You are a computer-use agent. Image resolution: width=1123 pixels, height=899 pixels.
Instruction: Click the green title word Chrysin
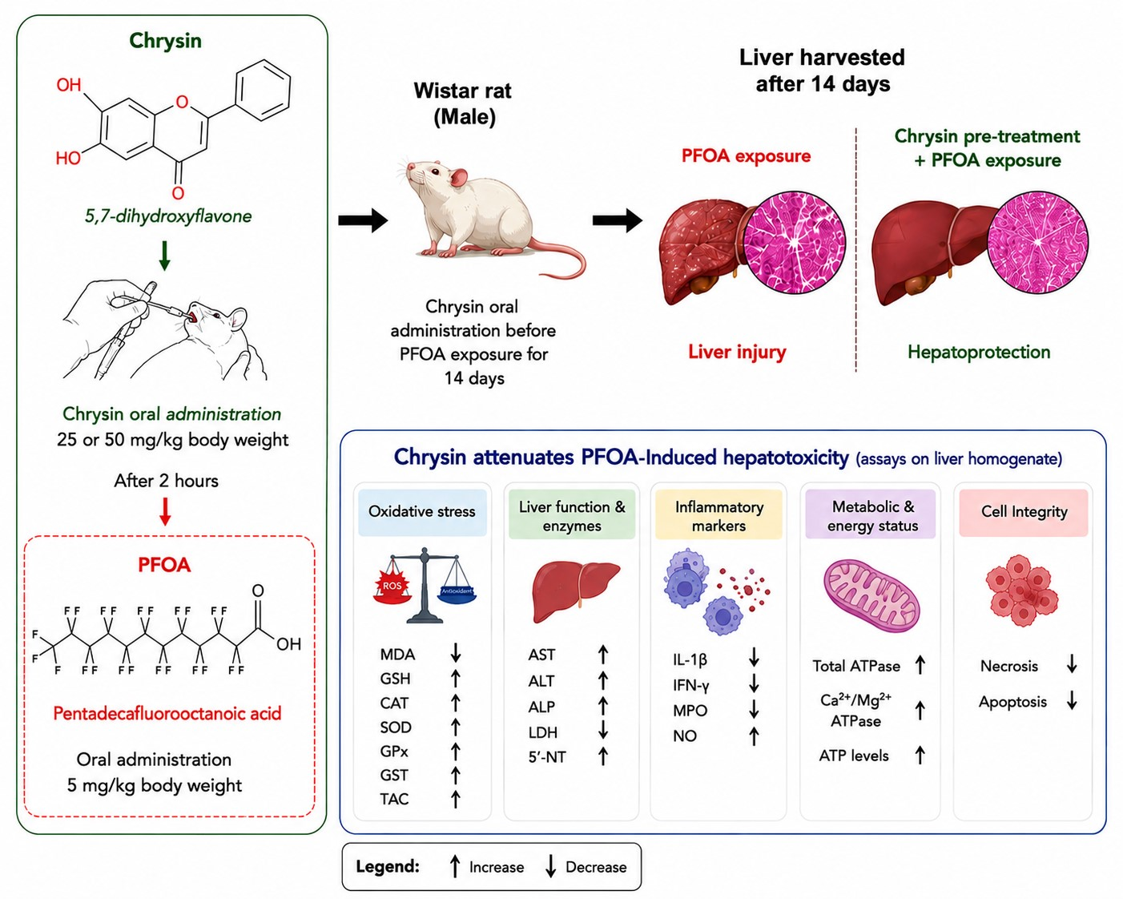[x=166, y=41]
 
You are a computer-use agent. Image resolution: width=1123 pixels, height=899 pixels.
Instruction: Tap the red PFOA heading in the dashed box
[x=164, y=565]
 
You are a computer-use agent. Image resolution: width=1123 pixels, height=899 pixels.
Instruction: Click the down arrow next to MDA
[x=456, y=652]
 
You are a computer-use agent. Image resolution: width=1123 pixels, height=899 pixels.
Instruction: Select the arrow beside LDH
[x=603, y=730]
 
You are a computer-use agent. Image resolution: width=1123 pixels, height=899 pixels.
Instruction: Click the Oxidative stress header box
[x=422, y=512]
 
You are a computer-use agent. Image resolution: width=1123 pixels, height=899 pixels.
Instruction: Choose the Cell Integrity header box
[x=1024, y=512]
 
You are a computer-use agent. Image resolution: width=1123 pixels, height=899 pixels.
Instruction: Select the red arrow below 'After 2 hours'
[x=165, y=511]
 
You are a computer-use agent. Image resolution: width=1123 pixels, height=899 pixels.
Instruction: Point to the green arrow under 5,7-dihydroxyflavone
[x=165, y=256]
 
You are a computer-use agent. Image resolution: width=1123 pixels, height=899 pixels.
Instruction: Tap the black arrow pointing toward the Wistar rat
[x=363, y=220]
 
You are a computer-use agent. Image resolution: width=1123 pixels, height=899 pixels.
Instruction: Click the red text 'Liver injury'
[x=737, y=353]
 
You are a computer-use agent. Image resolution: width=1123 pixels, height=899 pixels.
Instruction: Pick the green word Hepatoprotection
[x=979, y=353]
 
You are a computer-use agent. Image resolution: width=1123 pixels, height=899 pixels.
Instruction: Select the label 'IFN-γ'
[x=691, y=685]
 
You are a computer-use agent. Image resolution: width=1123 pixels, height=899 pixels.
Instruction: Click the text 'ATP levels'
[x=854, y=756]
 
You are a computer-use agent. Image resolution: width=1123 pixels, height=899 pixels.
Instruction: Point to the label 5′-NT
[x=547, y=756]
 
